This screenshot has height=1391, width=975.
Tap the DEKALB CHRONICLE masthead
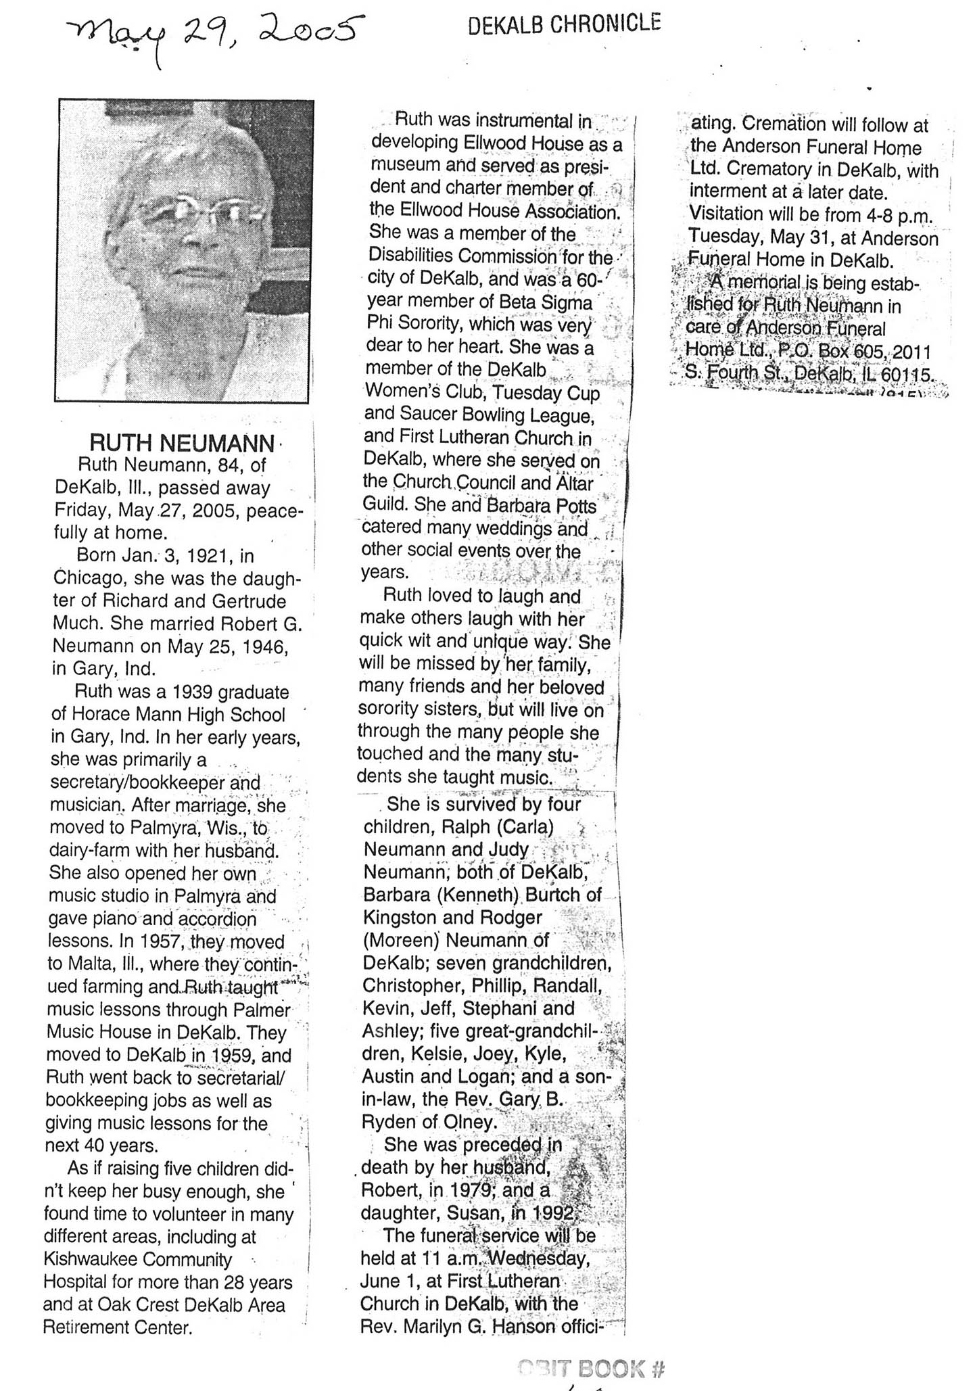pos(564,24)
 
